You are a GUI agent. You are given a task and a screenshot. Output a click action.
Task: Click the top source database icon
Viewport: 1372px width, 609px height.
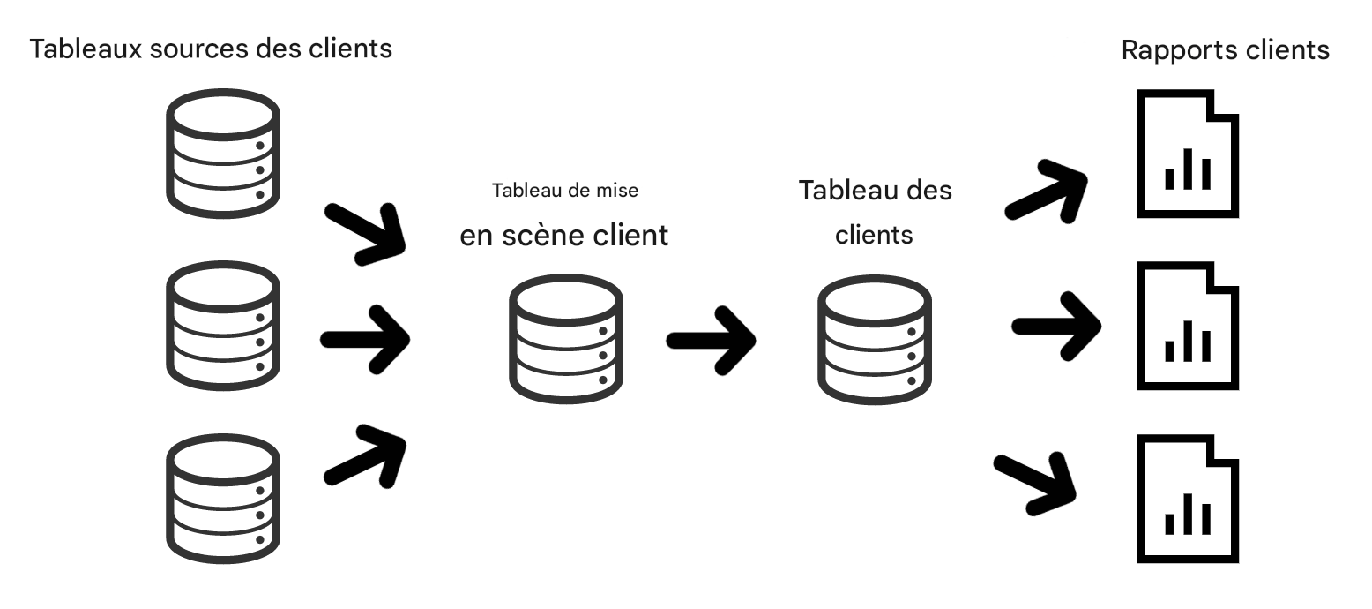point(222,153)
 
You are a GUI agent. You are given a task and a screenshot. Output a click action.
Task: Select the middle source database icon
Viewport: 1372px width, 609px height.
point(222,325)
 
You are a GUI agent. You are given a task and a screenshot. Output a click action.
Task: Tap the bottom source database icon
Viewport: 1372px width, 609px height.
point(222,497)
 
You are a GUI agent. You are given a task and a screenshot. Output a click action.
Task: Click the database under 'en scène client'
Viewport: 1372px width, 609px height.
point(565,339)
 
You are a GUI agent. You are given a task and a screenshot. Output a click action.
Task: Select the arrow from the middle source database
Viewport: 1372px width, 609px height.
point(365,338)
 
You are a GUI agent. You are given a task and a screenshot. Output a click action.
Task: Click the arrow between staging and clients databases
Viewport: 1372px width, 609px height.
point(711,339)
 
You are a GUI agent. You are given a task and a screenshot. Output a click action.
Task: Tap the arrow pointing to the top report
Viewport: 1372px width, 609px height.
point(1047,191)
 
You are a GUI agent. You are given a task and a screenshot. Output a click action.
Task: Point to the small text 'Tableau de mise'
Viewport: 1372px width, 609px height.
point(564,190)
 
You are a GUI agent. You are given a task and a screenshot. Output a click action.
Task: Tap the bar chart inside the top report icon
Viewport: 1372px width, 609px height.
point(1186,170)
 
